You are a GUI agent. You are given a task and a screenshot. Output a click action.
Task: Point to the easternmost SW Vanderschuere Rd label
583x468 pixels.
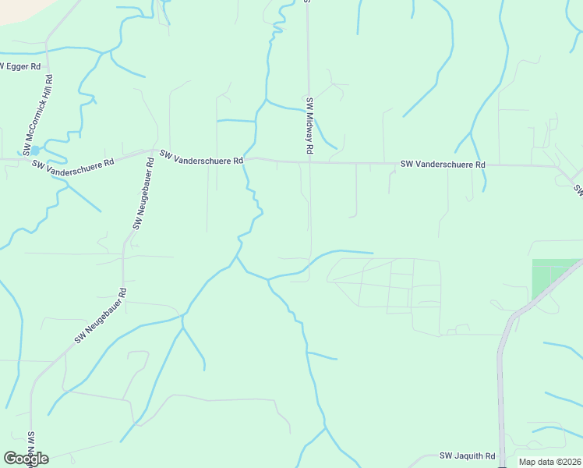tap(443, 165)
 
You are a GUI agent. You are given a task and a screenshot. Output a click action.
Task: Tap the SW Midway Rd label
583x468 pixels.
tap(309, 125)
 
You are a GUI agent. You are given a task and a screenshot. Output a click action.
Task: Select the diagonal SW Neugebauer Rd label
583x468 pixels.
tap(101, 316)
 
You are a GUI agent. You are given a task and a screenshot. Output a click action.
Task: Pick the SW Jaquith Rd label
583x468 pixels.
tap(468, 456)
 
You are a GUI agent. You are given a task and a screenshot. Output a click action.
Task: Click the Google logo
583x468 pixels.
tap(26, 459)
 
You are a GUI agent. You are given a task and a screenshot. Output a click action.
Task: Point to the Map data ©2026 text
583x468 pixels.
tap(550, 462)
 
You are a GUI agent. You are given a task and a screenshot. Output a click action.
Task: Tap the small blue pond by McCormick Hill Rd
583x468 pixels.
tap(35, 149)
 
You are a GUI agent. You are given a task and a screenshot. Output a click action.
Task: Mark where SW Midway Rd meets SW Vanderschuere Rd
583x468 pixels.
tap(309, 162)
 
